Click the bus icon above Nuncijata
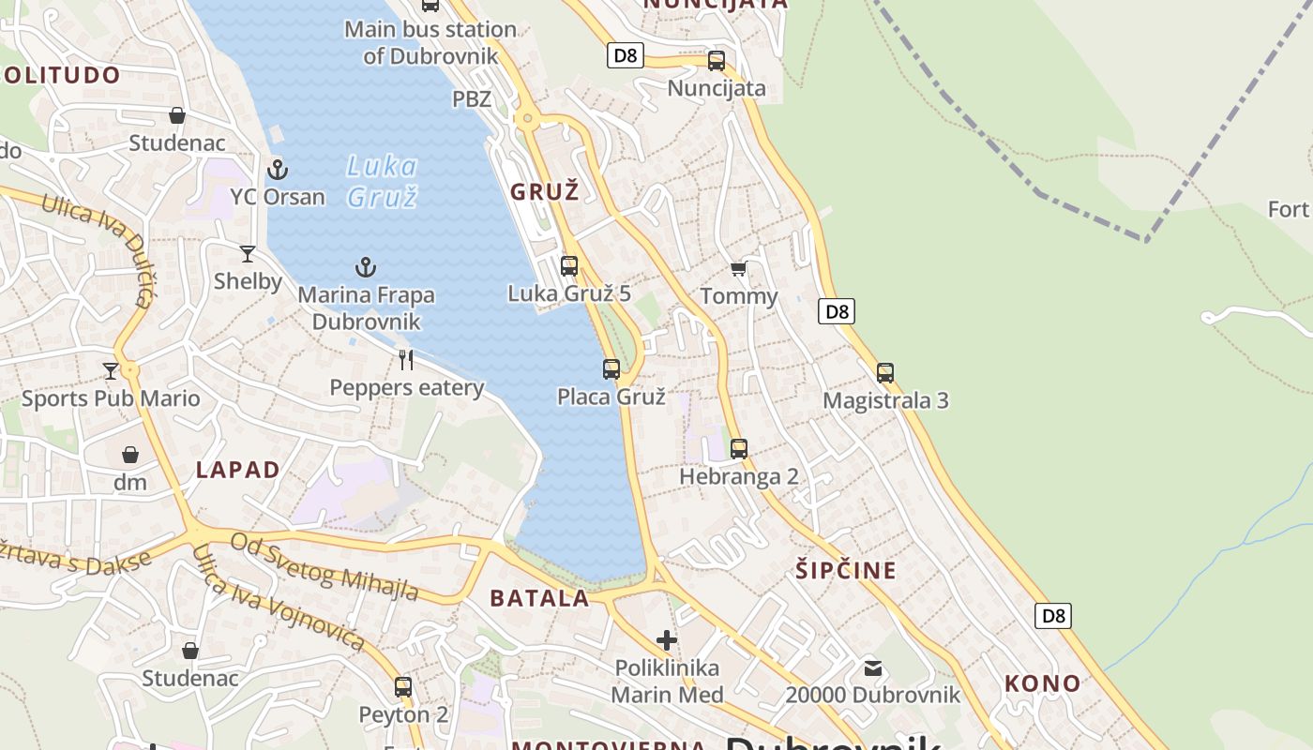pos(717,61)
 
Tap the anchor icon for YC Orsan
pos(277,170)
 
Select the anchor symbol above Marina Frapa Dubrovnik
pos(366,267)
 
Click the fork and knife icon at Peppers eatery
pos(406,359)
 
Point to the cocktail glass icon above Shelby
pos(248,253)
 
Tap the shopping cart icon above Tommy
pos(738,269)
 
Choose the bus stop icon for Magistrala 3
pos(885,373)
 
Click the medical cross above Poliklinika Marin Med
pos(667,640)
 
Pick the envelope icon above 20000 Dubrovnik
pos(873,668)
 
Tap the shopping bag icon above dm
pos(130,455)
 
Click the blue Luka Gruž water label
pos(382,181)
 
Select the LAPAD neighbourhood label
pos(238,470)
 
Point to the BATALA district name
pos(540,598)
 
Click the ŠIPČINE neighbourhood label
pos(846,570)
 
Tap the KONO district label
pos(1042,683)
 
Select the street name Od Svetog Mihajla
pos(324,566)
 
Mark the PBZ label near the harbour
pos(472,98)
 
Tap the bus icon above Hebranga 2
pos(739,449)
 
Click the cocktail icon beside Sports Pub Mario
pos(111,371)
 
